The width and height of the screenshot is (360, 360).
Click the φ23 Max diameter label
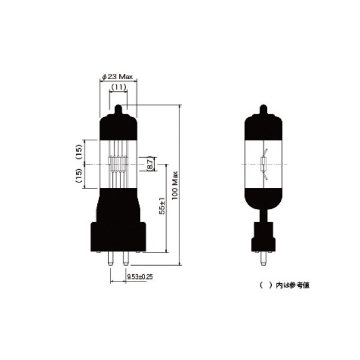[118, 77]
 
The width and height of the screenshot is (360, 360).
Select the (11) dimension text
[118, 88]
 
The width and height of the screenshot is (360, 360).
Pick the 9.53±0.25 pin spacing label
[139, 277]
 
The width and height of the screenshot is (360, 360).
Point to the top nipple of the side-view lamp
[263, 110]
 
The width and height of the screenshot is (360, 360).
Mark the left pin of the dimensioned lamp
[112, 257]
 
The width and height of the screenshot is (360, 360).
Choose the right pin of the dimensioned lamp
[125, 257]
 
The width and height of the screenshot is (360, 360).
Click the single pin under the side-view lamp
[263, 260]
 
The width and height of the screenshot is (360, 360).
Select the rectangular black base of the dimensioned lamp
[118, 235]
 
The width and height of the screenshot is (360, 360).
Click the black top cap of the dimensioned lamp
[118, 126]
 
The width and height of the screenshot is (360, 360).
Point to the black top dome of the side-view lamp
[263, 126]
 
